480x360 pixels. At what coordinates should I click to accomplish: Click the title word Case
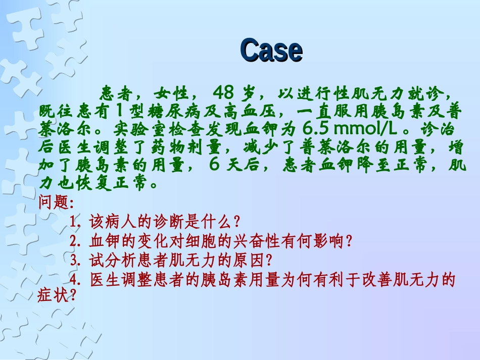tap(271, 50)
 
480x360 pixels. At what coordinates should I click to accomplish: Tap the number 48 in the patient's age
tap(224, 92)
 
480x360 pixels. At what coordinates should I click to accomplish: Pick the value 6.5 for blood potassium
tap(317, 129)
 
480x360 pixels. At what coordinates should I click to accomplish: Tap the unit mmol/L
tap(364, 129)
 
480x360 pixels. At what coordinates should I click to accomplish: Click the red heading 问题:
tap(56, 202)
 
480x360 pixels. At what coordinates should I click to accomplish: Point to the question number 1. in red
tap(77, 222)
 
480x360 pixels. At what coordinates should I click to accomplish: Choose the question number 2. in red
tap(77, 241)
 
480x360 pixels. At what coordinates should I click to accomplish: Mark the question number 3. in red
tap(77, 260)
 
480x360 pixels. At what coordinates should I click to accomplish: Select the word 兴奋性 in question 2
tap(263, 241)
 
